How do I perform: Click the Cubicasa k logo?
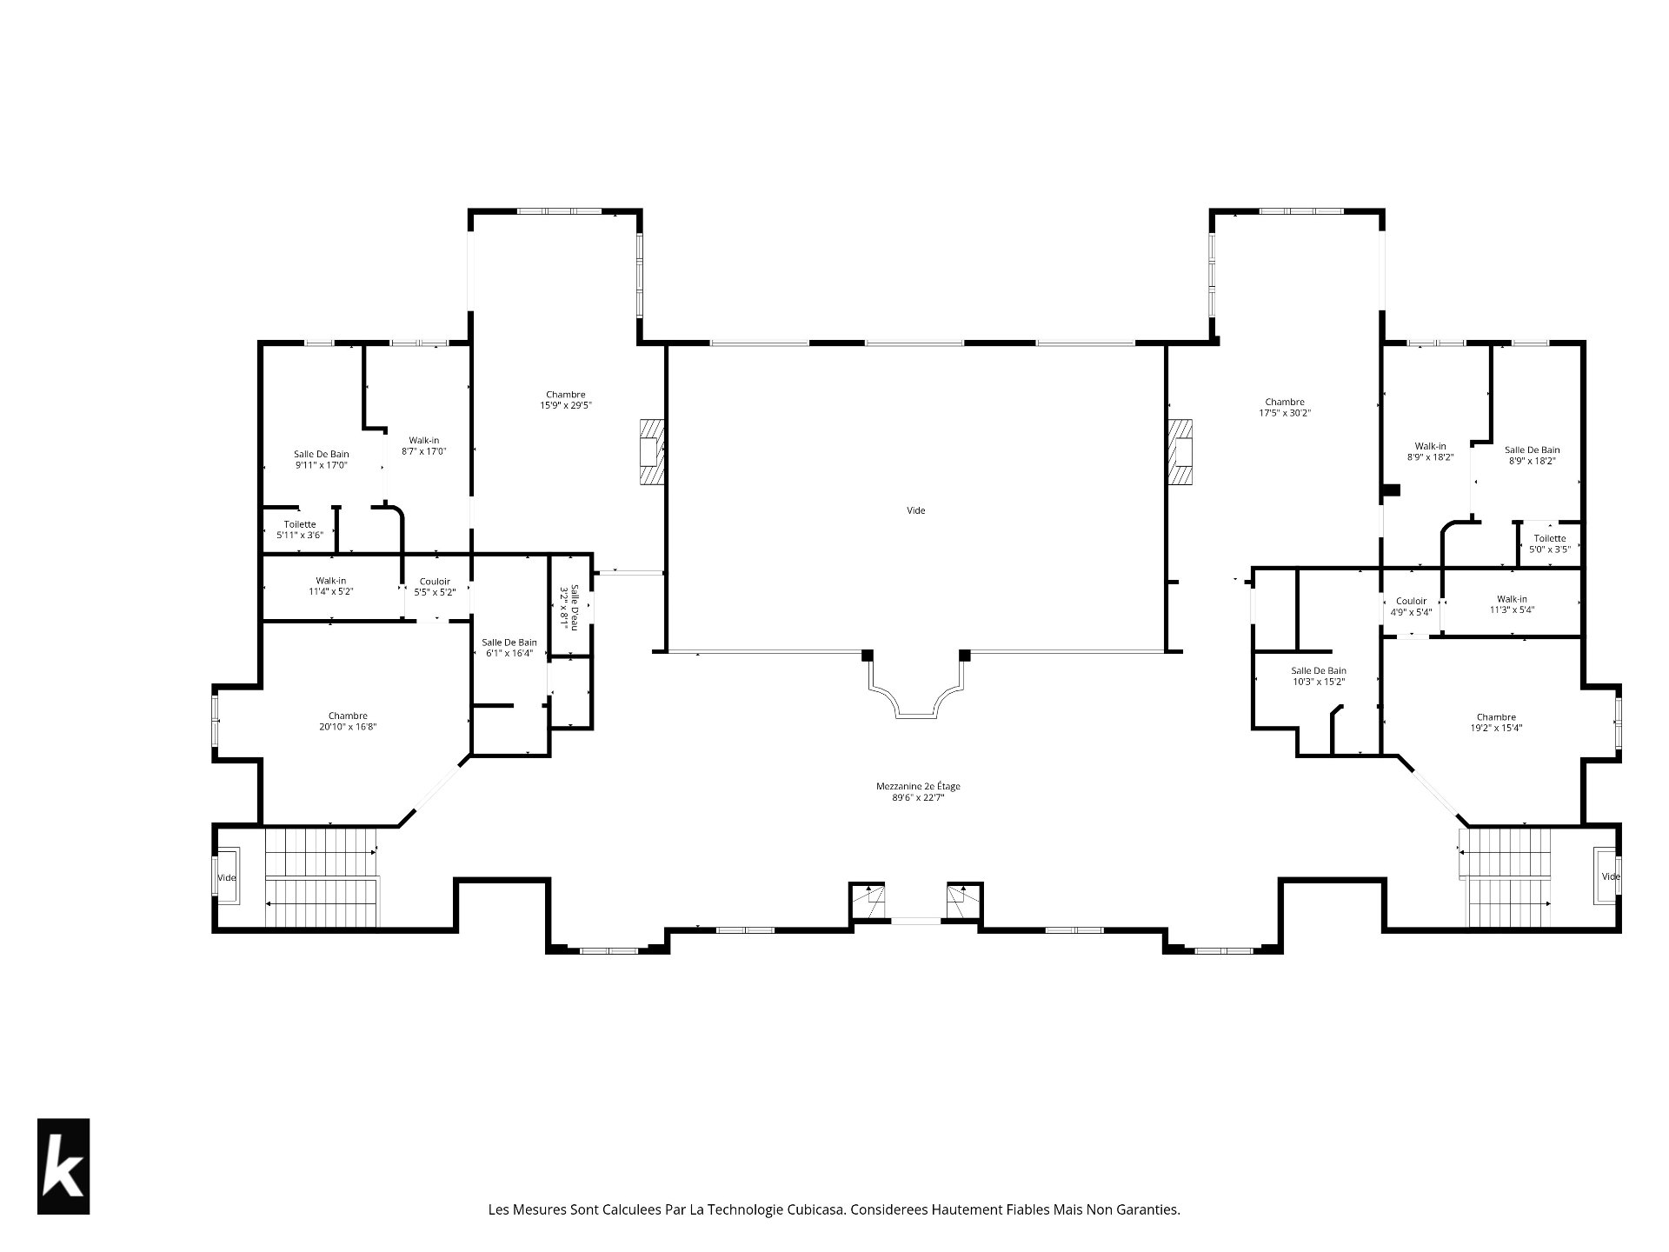63,1166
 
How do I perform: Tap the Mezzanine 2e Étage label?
918,791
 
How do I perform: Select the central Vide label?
916,510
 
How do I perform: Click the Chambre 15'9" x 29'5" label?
566,399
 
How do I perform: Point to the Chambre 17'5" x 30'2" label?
1285,408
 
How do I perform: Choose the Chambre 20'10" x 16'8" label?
348,722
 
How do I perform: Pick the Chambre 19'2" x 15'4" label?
1496,723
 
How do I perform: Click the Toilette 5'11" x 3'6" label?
300,529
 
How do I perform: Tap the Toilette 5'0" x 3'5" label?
1550,543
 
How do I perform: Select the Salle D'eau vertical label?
569,605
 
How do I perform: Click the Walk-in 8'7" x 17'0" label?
424,445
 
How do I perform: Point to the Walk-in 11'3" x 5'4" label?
1512,604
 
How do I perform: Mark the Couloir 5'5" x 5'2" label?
435,587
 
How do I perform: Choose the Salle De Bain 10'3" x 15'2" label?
1319,676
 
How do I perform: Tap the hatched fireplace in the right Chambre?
1180,452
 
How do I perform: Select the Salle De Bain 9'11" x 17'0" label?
322,459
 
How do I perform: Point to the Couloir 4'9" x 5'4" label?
1411,606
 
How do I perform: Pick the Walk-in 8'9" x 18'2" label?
1430,451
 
